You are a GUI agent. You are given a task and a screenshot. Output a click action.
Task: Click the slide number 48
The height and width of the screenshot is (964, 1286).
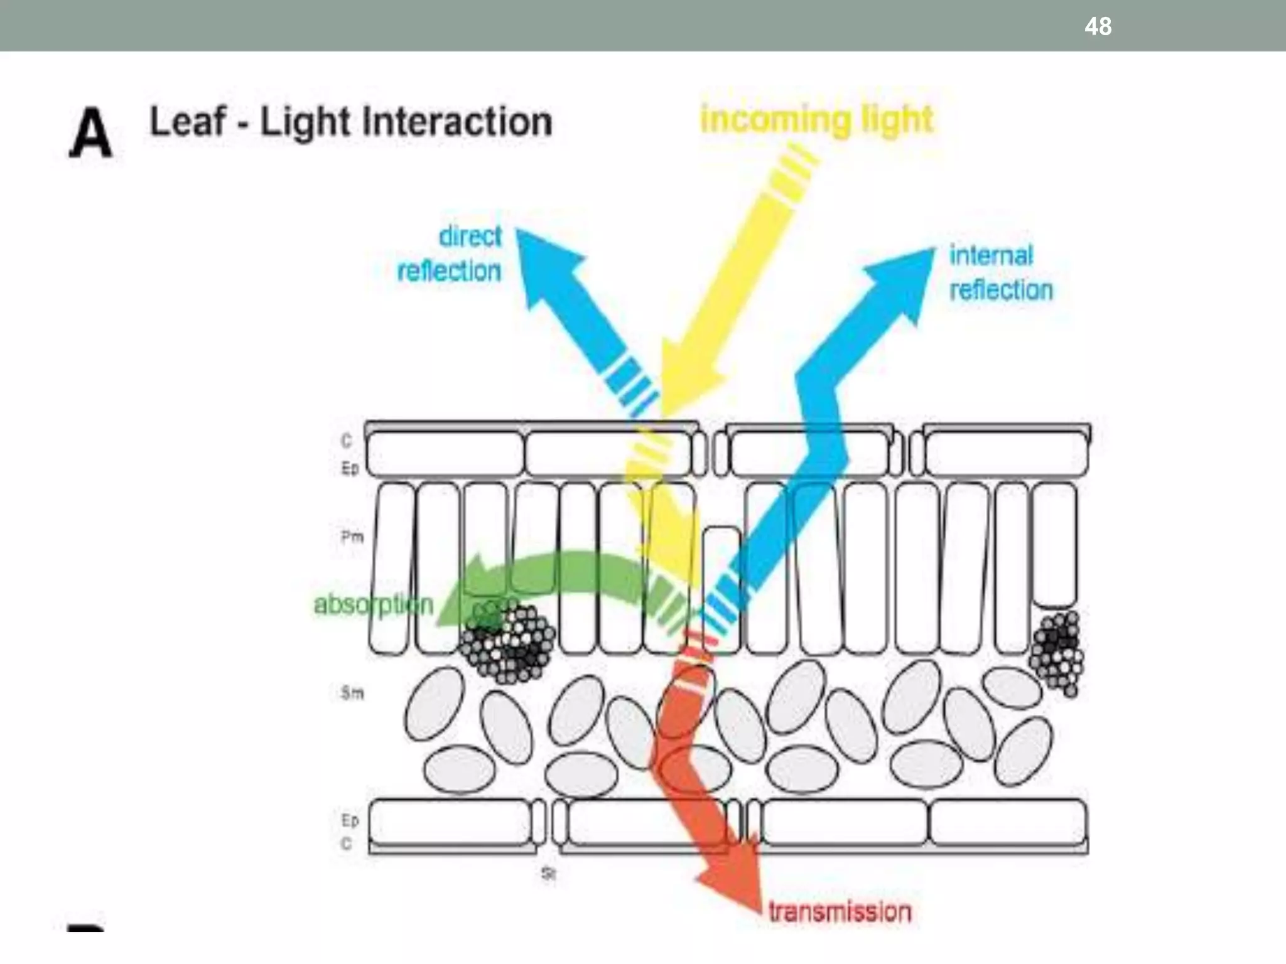(x=1098, y=26)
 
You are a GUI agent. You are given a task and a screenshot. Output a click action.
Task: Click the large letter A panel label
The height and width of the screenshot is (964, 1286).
(x=90, y=133)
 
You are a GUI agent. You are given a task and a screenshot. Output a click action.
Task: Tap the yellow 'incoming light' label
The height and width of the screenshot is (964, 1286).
(x=816, y=119)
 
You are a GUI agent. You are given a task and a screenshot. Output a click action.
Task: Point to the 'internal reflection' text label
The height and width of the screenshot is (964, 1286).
(x=1000, y=273)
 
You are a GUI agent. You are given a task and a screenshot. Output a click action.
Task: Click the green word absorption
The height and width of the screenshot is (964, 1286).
(x=374, y=605)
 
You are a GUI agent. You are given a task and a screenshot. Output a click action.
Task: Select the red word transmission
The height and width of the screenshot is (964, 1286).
(x=840, y=911)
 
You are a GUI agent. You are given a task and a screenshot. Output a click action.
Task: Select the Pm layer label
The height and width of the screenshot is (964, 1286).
(x=352, y=537)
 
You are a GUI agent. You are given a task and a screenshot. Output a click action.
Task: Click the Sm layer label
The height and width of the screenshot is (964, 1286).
(x=352, y=693)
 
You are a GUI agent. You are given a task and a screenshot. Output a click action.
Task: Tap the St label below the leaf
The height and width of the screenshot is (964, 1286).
(x=548, y=874)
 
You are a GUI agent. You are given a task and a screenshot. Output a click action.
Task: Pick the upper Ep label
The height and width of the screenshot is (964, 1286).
(x=350, y=468)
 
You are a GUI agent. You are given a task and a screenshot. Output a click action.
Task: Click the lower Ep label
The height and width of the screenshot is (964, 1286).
(x=350, y=820)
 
